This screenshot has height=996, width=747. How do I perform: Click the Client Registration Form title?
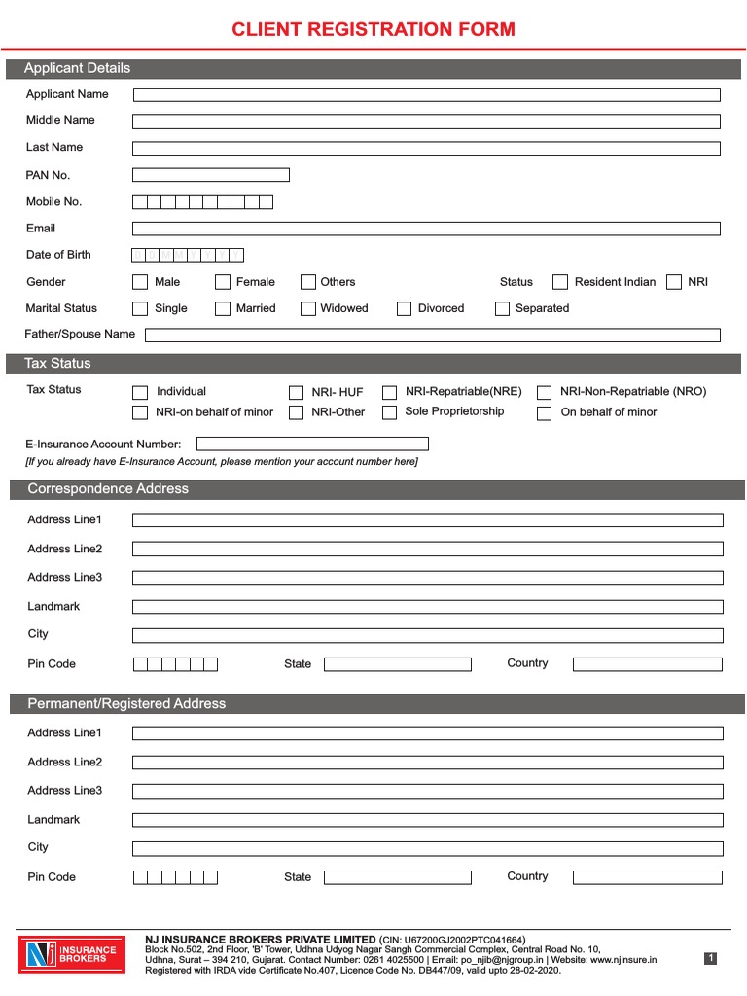[373, 29]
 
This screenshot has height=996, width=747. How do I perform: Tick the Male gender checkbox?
[140, 282]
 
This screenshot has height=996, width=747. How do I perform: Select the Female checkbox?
[221, 282]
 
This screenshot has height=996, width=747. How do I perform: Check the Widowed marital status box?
[308, 308]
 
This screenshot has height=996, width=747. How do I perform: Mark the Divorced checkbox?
[404, 308]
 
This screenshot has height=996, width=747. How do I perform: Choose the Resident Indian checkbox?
[560, 282]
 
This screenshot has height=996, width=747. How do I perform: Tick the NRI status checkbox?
[674, 282]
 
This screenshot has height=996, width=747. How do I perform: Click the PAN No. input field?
[211, 175]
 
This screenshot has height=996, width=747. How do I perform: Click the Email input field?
[426, 229]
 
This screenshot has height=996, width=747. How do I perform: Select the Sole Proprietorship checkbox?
[389, 412]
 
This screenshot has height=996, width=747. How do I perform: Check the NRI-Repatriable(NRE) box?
[389, 392]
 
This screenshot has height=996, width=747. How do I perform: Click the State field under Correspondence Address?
[397, 664]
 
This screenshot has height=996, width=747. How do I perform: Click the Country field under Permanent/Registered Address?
[647, 877]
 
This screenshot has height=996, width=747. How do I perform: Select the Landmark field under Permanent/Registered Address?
[427, 820]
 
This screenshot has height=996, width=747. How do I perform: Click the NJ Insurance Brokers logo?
[71, 953]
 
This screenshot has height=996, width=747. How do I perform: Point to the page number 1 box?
[711, 958]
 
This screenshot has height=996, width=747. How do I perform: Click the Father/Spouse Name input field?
[432, 335]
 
